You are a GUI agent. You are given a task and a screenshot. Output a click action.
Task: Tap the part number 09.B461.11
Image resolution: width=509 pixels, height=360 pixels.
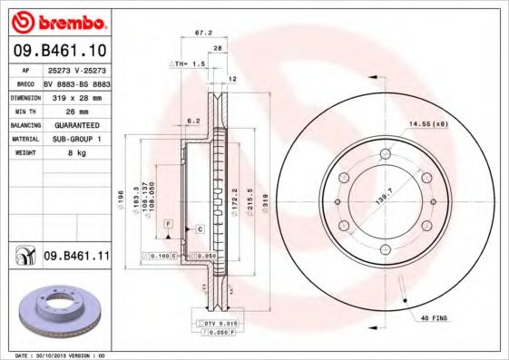pyautogui.click(x=76, y=258)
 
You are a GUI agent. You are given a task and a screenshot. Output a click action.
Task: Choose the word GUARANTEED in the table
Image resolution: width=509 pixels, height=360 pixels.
pyautogui.click(x=75, y=124)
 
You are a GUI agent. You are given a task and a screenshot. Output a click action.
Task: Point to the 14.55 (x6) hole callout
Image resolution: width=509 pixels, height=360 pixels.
pyautogui.click(x=428, y=123)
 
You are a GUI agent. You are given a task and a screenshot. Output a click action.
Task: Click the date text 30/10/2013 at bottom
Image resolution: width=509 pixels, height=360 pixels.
pyautogui.click(x=72, y=355)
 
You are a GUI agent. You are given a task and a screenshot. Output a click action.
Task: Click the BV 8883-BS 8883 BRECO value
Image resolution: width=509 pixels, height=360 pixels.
pyautogui.click(x=77, y=82)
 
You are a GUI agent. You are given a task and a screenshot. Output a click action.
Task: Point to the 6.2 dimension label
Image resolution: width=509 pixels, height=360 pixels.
pyautogui.click(x=192, y=120)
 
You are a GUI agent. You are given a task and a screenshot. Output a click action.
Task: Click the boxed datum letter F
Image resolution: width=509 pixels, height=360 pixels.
pyautogui.click(x=168, y=222)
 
